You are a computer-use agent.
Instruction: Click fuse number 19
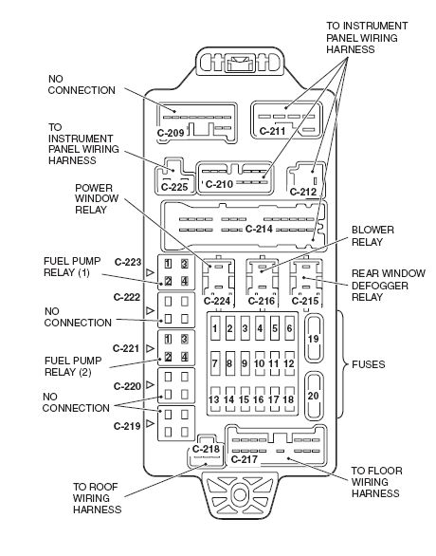click(x=314, y=339)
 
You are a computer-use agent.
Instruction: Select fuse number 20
click(x=314, y=396)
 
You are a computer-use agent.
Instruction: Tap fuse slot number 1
click(x=214, y=328)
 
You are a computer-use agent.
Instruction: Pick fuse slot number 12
click(x=289, y=363)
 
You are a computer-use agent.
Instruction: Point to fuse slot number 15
click(x=244, y=399)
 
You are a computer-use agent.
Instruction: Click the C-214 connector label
click(x=259, y=229)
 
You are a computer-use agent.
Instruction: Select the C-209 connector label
click(x=171, y=133)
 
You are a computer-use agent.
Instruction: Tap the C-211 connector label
click(x=272, y=131)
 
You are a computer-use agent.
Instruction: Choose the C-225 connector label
click(x=174, y=187)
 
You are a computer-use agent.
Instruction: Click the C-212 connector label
click(x=303, y=192)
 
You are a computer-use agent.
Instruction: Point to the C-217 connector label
click(x=244, y=459)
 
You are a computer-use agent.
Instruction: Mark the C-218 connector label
click(x=206, y=449)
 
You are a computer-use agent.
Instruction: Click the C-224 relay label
click(x=217, y=301)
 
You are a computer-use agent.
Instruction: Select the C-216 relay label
click(x=262, y=301)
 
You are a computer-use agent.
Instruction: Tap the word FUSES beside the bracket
click(x=369, y=364)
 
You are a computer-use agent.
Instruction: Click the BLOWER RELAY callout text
click(x=372, y=236)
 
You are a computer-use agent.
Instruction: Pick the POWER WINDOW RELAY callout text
click(x=97, y=199)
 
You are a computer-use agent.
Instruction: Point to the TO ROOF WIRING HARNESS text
click(x=97, y=498)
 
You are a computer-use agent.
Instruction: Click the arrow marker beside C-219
click(x=150, y=424)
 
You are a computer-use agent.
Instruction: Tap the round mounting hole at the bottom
click(x=240, y=494)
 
